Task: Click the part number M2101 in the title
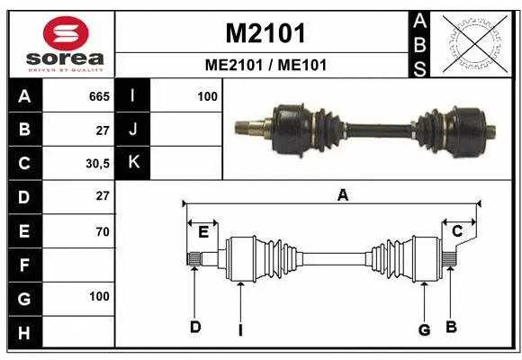(x=265, y=33)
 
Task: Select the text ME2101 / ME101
(x=265, y=65)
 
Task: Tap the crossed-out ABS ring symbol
(x=471, y=42)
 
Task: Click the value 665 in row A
(x=99, y=95)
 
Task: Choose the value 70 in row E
(x=102, y=230)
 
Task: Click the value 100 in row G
(x=99, y=296)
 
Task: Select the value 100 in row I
(x=207, y=95)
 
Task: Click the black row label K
(x=133, y=162)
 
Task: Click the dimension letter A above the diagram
(x=342, y=194)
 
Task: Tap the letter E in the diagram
(x=203, y=232)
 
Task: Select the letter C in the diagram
(x=456, y=232)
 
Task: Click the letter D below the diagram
(x=193, y=327)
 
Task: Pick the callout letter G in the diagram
(x=424, y=329)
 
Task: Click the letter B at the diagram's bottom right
(x=451, y=326)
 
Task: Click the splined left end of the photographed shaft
(x=245, y=127)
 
